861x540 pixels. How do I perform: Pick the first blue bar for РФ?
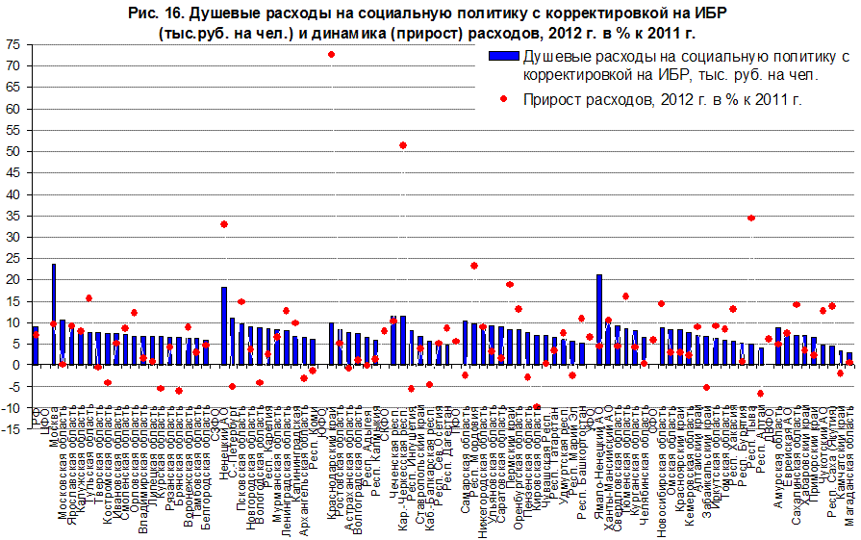coord(36,346)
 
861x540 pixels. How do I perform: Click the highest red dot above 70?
coord(331,55)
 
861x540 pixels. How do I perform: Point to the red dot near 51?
coord(403,145)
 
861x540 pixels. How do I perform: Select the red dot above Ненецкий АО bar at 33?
coord(224,224)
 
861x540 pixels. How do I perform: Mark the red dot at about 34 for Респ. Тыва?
coord(751,218)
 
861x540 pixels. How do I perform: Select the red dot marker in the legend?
coord(505,98)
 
